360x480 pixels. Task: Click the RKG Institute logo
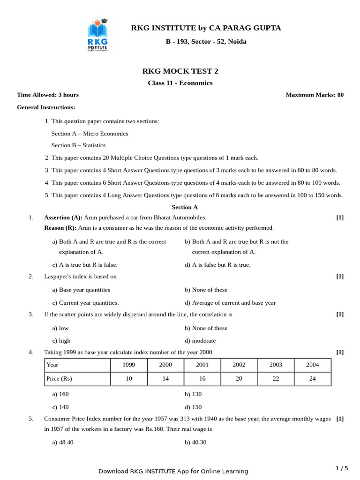pyautogui.click(x=97, y=35)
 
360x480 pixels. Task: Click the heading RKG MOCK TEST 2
pyautogui.click(x=180, y=71)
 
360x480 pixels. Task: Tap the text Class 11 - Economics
pyautogui.click(x=180, y=83)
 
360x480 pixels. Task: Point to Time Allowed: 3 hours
pyautogui.click(x=48, y=95)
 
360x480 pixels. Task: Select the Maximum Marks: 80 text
pyautogui.click(x=315, y=95)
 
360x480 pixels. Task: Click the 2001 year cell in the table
pyautogui.click(x=202, y=365)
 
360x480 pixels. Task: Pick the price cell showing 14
pyautogui.click(x=165, y=379)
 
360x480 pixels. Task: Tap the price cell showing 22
pyautogui.click(x=276, y=379)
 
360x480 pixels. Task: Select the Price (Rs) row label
pyautogui.click(x=59, y=379)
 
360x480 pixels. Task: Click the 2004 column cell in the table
pyautogui.click(x=312, y=365)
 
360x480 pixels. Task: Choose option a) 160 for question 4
pyautogui.click(x=60, y=394)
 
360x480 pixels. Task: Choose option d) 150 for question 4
pyautogui.click(x=193, y=407)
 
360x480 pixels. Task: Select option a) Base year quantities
pyautogui.click(x=81, y=290)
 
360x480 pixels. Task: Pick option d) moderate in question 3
pyautogui.click(x=200, y=341)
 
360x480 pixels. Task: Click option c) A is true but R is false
pyautogui.click(x=85, y=265)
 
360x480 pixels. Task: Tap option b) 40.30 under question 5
pyautogui.click(x=195, y=442)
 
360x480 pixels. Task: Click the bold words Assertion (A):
pyautogui.click(x=63, y=217)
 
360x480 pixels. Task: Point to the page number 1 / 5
pyautogui.click(x=342, y=468)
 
